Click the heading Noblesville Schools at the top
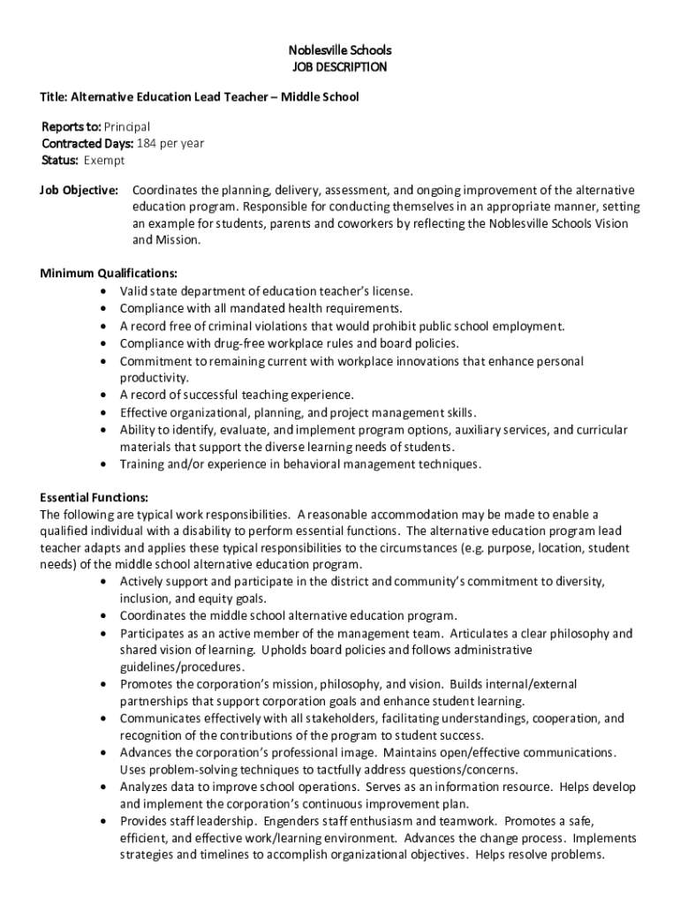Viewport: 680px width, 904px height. (x=340, y=49)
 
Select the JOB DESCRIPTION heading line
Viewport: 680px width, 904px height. (x=340, y=67)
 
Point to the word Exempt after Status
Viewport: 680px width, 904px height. (x=104, y=161)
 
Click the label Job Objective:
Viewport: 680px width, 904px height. (x=79, y=191)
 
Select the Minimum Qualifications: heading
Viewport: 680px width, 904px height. (x=109, y=273)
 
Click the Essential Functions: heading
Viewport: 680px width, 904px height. (x=94, y=497)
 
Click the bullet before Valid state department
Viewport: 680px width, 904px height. (x=106, y=291)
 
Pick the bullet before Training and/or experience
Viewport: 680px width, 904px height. (x=106, y=464)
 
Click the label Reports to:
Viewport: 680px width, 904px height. (x=71, y=127)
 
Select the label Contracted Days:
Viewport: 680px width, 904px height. (x=87, y=144)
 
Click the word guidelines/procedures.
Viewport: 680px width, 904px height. (x=170, y=667)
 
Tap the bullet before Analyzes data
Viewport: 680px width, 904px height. (x=106, y=787)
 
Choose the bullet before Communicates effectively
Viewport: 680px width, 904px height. (x=106, y=719)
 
